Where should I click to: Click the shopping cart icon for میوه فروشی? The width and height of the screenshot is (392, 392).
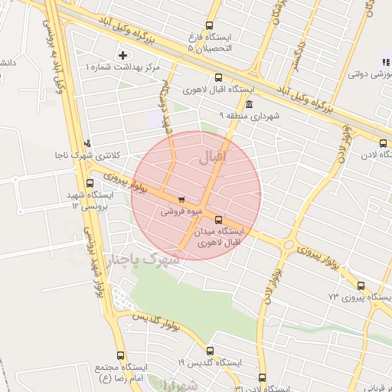coord(181,200)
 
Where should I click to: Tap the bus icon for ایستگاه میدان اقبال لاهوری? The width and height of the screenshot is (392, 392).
coord(219,220)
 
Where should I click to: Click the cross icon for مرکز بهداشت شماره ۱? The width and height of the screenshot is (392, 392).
coord(122,55)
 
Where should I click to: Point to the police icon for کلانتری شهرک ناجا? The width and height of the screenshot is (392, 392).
coord(89,142)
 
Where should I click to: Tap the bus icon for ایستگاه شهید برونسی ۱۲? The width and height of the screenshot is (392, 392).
coord(90,184)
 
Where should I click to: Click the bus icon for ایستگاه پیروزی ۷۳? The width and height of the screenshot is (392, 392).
coord(361,286)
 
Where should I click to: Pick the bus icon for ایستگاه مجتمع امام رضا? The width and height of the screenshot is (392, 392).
coord(120,356)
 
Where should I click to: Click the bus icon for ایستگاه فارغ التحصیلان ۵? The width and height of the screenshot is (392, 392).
coord(210,26)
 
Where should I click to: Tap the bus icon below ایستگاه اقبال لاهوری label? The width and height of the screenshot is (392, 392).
coord(220,77)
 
